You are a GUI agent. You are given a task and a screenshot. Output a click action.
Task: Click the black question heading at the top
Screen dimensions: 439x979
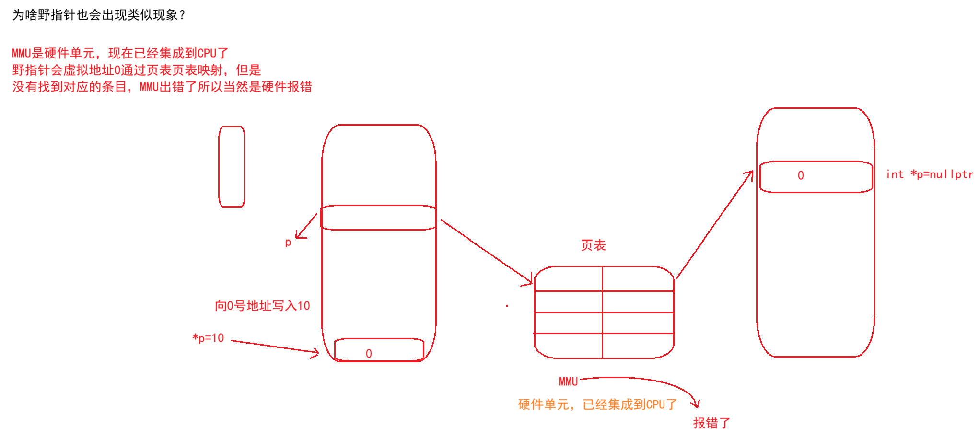[x=98, y=15]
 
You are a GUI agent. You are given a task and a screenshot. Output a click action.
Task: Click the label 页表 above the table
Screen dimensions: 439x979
[x=593, y=245]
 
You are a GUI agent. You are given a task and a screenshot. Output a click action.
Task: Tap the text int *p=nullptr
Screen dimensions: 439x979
[x=929, y=174]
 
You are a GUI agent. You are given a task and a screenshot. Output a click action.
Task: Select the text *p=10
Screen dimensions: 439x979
[x=209, y=338]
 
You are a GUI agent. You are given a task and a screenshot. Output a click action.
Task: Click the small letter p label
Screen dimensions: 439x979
[x=288, y=243]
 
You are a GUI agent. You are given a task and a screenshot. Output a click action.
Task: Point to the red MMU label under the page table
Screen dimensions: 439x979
[x=568, y=381]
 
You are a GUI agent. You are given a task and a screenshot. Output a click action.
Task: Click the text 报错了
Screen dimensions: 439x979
[x=711, y=423]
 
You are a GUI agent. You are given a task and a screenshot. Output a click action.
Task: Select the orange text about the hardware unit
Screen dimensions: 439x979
[x=597, y=404]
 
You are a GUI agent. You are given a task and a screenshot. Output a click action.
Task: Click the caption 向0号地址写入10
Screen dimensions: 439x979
[x=262, y=306]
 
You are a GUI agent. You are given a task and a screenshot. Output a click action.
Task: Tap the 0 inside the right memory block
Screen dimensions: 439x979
[x=801, y=176]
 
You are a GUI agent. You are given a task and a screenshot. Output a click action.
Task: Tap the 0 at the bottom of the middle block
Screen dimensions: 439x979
[x=369, y=354]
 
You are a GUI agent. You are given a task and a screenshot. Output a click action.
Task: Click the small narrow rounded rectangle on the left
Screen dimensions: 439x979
[x=232, y=167]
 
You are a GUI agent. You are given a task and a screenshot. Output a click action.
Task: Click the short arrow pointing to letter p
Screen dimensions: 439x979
[x=306, y=226]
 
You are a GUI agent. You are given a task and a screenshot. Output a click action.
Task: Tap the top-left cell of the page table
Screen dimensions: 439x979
[x=569, y=279]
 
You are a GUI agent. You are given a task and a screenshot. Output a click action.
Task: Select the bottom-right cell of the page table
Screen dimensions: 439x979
[x=638, y=345]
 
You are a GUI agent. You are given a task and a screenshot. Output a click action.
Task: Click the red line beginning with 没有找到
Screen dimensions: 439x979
[x=162, y=87]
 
